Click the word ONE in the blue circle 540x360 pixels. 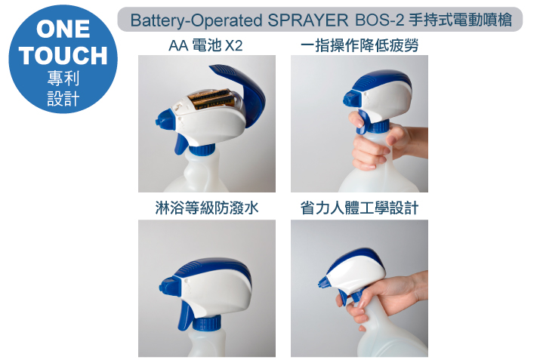point(63,29)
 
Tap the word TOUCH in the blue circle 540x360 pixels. point(63,55)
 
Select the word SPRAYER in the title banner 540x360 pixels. point(308,20)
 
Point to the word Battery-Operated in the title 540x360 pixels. point(196,20)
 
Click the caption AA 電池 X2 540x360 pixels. point(205,45)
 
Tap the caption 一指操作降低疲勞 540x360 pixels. point(359,45)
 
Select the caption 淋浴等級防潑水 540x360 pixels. point(207,208)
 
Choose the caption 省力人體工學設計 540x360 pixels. point(359,208)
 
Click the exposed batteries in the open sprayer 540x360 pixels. point(211,99)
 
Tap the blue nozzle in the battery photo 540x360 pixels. point(165,119)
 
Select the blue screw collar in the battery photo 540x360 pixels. point(203,150)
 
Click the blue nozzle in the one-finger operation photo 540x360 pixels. point(351,98)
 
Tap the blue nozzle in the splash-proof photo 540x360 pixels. point(168,286)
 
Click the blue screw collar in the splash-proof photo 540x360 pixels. point(207,323)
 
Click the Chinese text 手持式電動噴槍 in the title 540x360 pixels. point(461,20)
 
